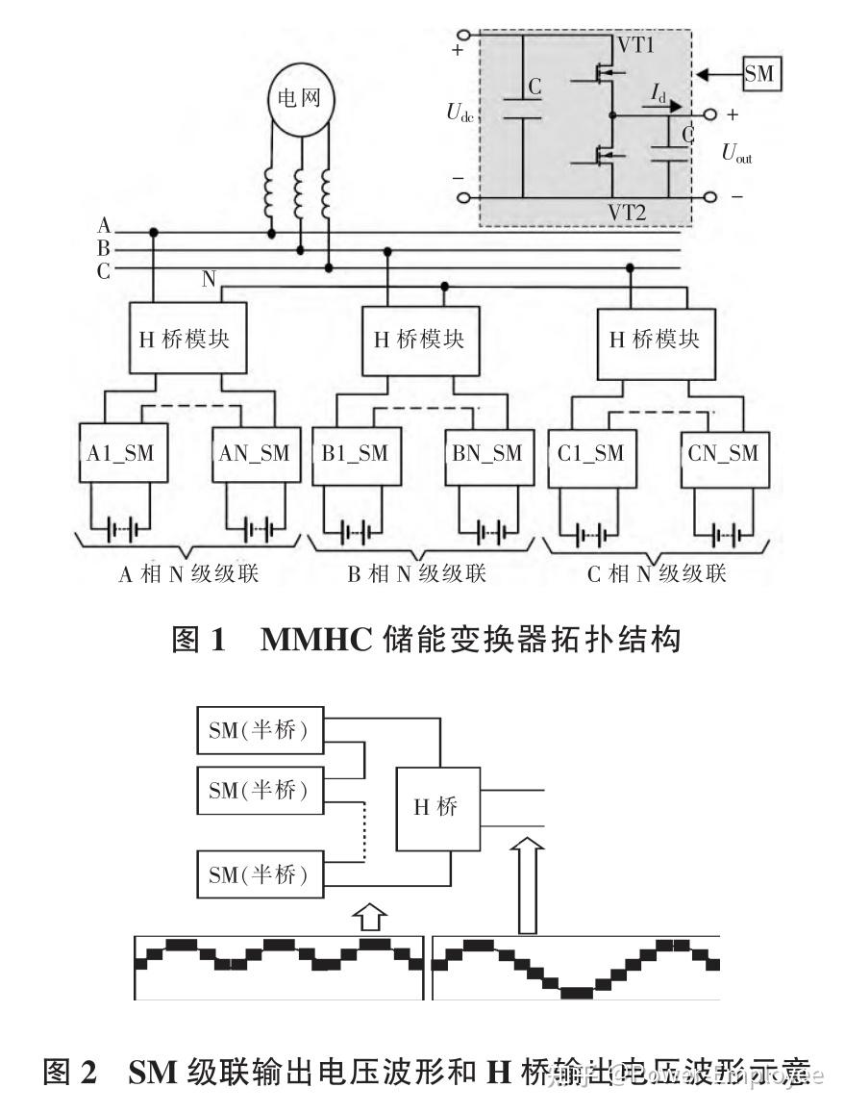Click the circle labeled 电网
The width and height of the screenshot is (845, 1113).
tap(299, 99)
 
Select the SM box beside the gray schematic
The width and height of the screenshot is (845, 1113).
tap(759, 74)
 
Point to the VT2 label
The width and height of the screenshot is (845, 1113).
tap(626, 212)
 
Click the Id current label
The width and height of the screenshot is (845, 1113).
tap(658, 93)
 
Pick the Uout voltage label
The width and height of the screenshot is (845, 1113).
tap(737, 153)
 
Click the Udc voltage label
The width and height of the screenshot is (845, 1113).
tap(460, 112)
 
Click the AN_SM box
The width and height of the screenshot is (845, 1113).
tap(253, 453)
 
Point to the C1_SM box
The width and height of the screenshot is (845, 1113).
tap(590, 453)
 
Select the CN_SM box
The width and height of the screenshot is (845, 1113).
tap(723, 453)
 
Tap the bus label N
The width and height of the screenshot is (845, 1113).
tap(209, 280)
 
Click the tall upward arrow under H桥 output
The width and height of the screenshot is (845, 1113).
tap(527, 884)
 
